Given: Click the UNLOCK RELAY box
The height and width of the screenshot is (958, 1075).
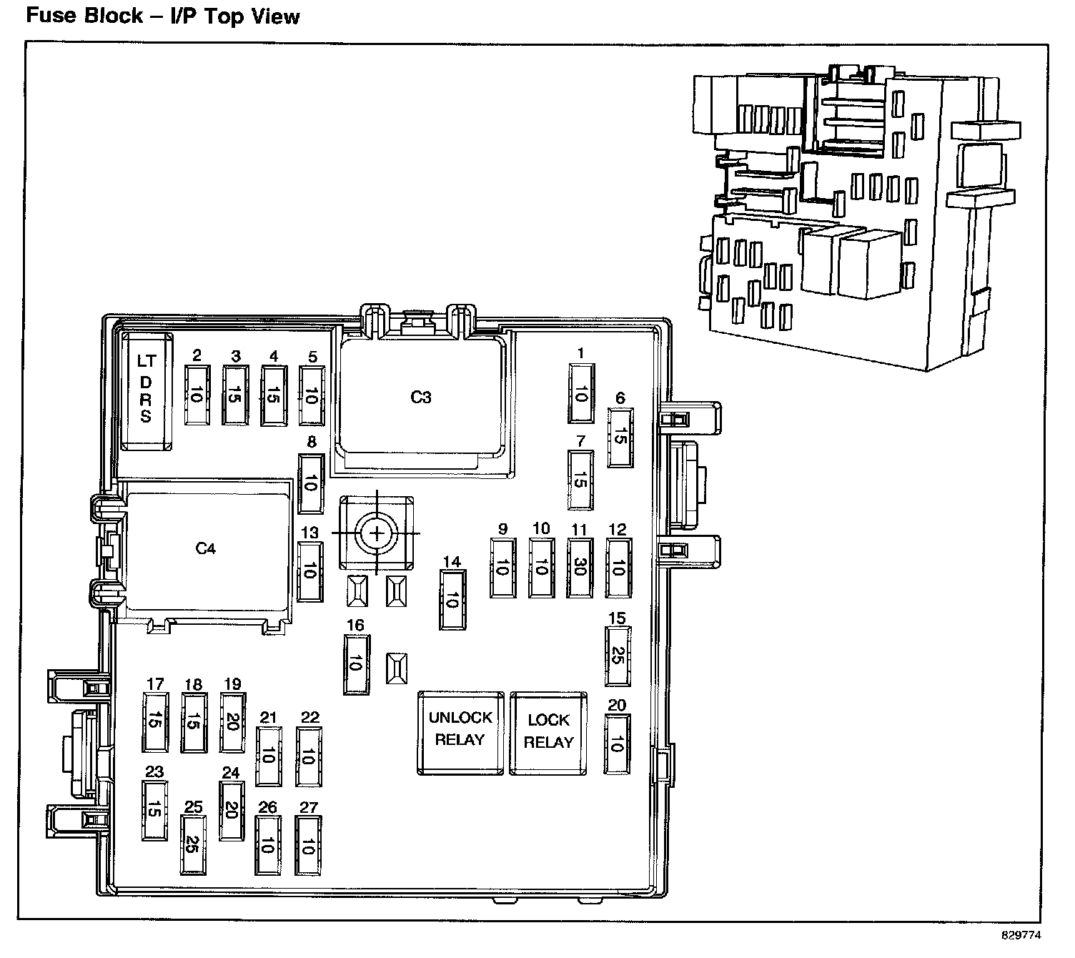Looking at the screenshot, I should (x=460, y=732).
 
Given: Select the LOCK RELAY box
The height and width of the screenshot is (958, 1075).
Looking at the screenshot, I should (x=548, y=733).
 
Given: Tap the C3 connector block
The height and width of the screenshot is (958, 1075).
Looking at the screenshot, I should (x=421, y=397).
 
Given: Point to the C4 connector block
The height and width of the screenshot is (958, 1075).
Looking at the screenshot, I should (x=206, y=549).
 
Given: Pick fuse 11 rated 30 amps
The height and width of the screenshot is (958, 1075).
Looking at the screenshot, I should (x=580, y=568).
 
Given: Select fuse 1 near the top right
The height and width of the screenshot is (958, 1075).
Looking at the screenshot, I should (x=580, y=393).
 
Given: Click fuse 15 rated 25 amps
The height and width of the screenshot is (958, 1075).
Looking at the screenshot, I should (x=618, y=656).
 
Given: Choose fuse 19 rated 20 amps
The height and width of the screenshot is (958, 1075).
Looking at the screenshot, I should (x=231, y=722).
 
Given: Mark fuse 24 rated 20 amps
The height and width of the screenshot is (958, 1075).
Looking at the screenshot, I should (x=231, y=810).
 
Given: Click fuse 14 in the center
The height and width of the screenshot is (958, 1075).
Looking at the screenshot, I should (x=452, y=601).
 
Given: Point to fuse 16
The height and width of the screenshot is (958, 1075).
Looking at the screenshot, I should (x=356, y=664).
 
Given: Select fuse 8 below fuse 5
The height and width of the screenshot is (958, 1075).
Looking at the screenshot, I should (x=310, y=483).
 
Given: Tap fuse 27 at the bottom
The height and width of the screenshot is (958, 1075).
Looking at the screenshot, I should (x=309, y=846).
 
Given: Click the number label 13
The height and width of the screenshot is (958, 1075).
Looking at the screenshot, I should (x=309, y=533).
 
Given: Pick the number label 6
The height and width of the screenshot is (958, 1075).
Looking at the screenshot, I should (x=620, y=399).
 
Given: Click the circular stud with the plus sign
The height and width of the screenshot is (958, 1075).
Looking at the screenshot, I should (x=375, y=533).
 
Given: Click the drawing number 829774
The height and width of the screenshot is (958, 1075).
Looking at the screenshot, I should (x=1021, y=935).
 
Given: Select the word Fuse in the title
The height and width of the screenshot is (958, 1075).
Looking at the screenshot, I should (x=49, y=16).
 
